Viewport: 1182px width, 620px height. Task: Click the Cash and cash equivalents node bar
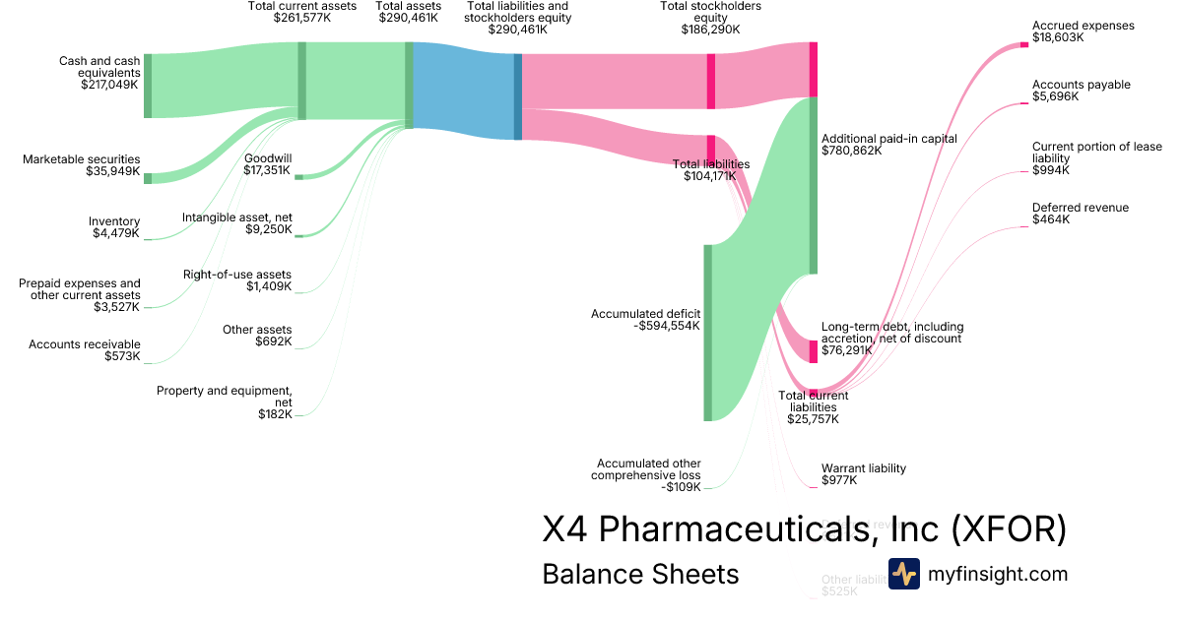click(148, 86)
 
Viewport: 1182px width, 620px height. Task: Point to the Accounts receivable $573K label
click(84, 350)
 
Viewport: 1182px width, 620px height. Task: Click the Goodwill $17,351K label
click(267, 164)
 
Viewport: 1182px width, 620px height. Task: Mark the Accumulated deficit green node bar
click(707, 333)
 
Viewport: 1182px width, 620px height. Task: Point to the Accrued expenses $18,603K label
click(1083, 31)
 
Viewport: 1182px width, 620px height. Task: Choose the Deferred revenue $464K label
click(1080, 214)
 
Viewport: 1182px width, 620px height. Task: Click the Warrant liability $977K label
click(863, 474)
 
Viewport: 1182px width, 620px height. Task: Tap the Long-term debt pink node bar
click(814, 351)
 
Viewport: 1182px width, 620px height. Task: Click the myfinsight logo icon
click(903, 574)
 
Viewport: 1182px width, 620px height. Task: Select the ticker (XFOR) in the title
click(1009, 529)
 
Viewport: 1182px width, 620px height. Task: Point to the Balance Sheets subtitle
click(640, 574)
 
